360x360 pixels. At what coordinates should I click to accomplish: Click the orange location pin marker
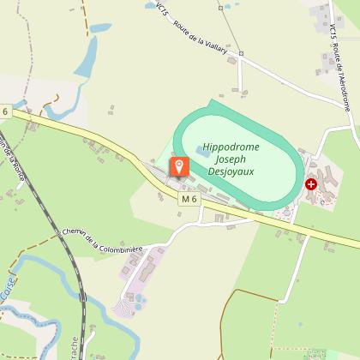pyautogui.click(x=179, y=166)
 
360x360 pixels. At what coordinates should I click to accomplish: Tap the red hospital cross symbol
pyautogui.click(x=311, y=183)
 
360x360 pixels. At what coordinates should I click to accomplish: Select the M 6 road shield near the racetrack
pyautogui.click(x=189, y=199)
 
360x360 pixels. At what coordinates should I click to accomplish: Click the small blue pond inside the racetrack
pyautogui.click(x=207, y=151)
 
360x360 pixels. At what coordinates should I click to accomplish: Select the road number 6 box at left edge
pyautogui.click(x=4, y=112)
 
